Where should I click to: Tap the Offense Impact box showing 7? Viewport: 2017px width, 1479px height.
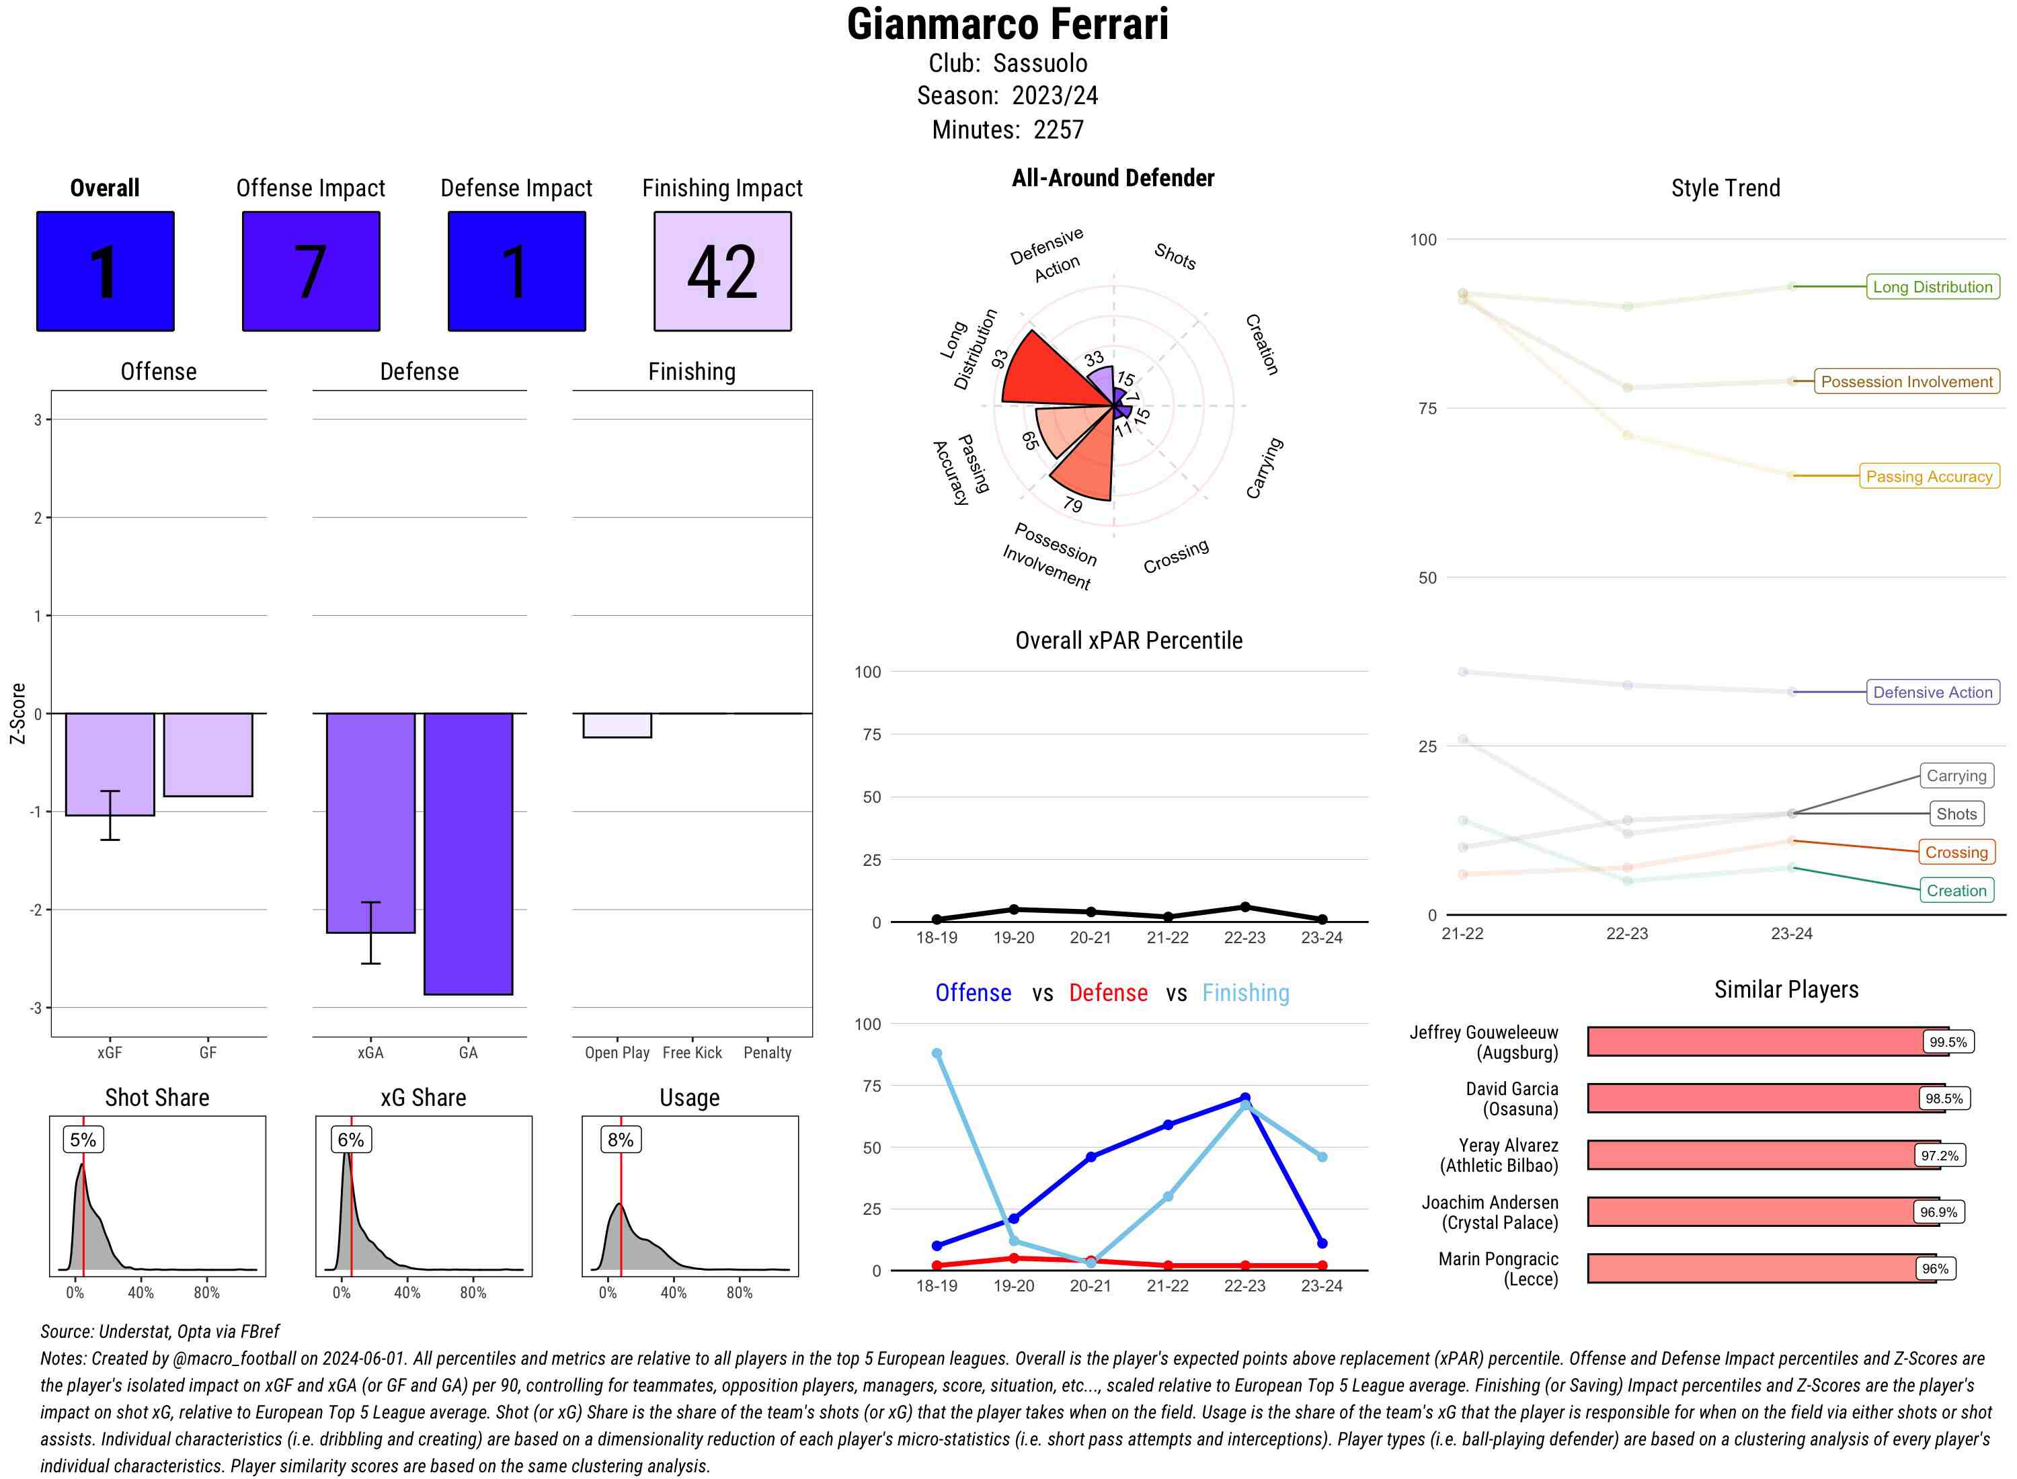click(311, 272)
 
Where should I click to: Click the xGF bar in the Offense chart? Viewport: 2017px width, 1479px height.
click(109, 763)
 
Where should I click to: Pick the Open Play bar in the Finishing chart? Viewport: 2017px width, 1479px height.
click(617, 725)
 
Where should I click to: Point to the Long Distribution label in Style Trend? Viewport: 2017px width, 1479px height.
click(1932, 286)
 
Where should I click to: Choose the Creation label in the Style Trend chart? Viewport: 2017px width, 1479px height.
click(1956, 890)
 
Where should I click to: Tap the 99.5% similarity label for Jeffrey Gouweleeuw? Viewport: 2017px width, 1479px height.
click(1948, 1042)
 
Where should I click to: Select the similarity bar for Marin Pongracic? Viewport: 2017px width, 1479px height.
click(1760, 1269)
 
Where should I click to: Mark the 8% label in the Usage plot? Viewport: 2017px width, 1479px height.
click(621, 1140)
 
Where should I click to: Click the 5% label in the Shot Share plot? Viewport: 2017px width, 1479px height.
click(83, 1140)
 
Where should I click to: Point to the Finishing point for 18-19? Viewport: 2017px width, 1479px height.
click(937, 1053)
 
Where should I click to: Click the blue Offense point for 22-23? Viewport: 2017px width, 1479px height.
click(1244, 1098)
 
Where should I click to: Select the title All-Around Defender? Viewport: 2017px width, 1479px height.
click(1113, 178)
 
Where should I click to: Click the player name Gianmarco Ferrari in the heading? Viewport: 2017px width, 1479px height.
click(1007, 25)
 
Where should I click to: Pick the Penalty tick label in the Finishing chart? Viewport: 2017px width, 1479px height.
click(767, 1053)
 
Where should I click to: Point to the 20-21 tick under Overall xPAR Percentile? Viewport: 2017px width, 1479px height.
click(1091, 937)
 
